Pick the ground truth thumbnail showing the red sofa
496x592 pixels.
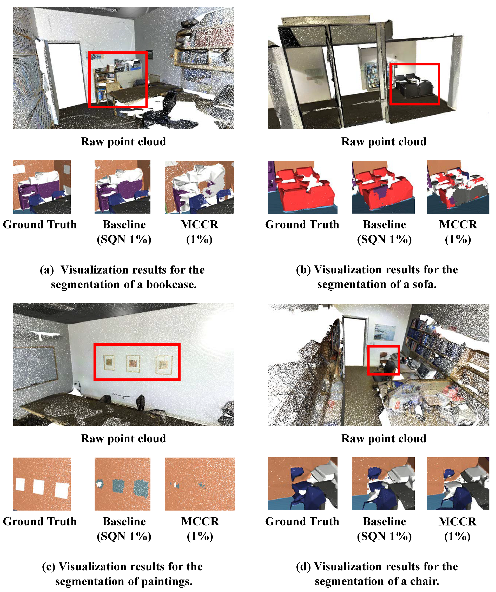302,187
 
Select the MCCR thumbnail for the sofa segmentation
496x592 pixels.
458,187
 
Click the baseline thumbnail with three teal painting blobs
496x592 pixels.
122,484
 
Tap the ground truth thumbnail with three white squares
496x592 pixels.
42,484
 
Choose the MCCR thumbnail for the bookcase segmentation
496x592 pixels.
200,187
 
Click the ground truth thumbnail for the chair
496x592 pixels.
302,484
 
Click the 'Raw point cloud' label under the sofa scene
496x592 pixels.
383,141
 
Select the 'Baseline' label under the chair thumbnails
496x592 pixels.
384,521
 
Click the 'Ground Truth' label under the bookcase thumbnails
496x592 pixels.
40,225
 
